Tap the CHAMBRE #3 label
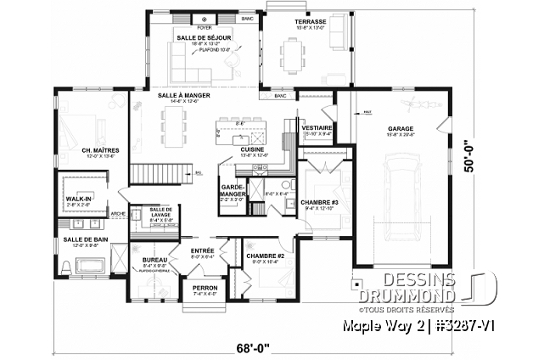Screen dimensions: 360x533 (x=319, y=202)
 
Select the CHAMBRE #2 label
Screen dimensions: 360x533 (x=264, y=255)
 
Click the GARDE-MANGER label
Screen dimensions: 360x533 (x=233, y=189)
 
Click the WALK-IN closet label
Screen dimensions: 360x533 (x=78, y=200)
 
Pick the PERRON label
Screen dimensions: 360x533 (x=205, y=287)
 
